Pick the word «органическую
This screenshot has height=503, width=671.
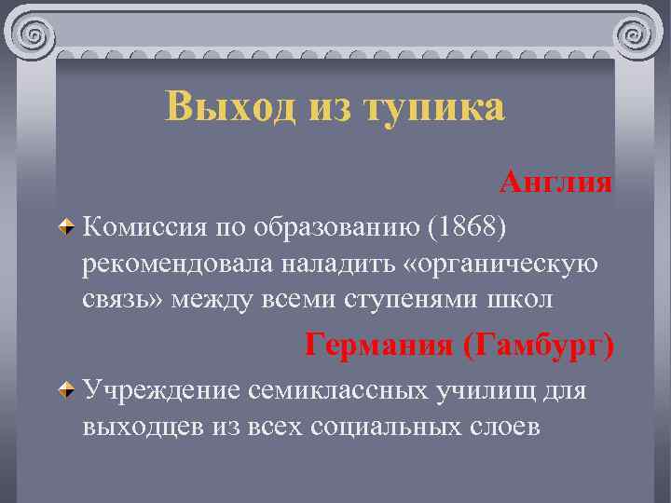coord(493,264)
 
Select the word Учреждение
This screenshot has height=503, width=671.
coord(161,389)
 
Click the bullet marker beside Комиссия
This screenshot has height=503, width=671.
coord(66,227)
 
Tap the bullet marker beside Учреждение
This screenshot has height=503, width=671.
coord(66,389)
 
